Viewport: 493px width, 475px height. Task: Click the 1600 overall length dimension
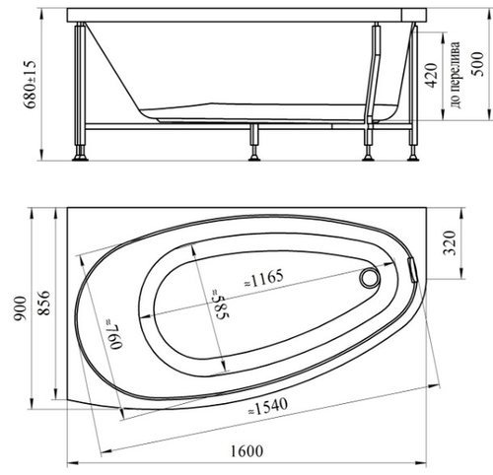click(246, 451)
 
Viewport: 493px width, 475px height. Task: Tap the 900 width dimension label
click(21, 308)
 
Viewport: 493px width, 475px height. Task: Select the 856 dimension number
click(43, 303)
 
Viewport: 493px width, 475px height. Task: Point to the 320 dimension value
click(450, 243)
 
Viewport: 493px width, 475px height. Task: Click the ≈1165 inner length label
click(264, 278)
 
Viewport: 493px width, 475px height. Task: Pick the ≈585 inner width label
click(221, 304)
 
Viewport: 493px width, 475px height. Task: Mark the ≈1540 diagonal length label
click(268, 407)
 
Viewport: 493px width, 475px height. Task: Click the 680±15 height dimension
click(31, 85)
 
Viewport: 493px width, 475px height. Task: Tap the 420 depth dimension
click(432, 75)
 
